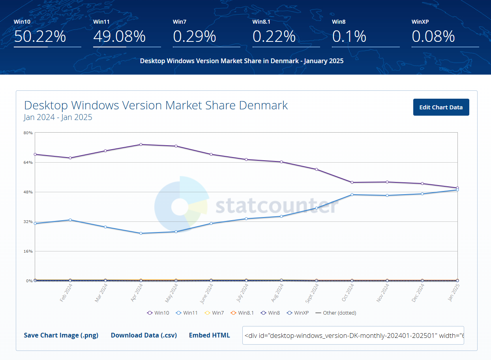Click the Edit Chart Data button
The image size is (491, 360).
[x=441, y=107]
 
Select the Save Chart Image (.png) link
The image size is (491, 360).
[x=61, y=335]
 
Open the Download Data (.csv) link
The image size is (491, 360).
[x=144, y=335]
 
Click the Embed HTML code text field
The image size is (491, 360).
[x=353, y=335]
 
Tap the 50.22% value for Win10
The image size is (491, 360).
[x=40, y=37]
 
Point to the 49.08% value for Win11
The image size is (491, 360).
[x=120, y=37]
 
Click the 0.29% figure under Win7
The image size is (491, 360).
[x=195, y=37]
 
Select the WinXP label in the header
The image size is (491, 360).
[x=420, y=22]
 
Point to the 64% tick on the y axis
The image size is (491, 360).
[x=28, y=162]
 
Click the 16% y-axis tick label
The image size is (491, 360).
[x=28, y=251]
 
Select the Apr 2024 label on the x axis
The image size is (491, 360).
[x=137, y=294]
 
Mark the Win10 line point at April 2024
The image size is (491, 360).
[x=141, y=144]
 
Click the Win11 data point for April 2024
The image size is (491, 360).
[x=141, y=233]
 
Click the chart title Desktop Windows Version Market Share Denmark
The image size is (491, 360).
[x=156, y=105]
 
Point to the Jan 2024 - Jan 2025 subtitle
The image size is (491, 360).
[x=58, y=117]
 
